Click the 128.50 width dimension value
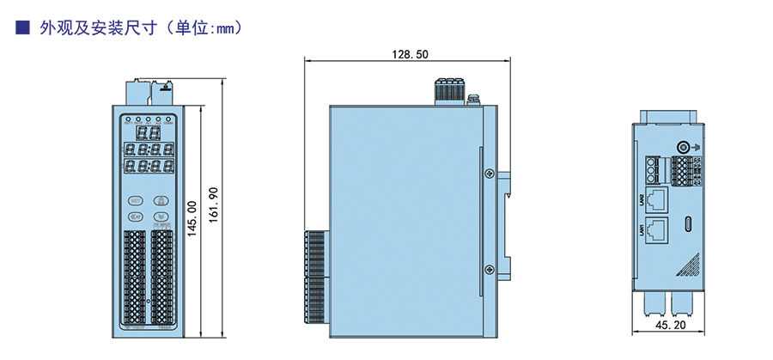(410, 53)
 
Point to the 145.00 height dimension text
(193, 222)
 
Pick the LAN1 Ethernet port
(659, 229)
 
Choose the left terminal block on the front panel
(136, 275)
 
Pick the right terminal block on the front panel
(162, 275)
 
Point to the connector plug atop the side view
(448, 89)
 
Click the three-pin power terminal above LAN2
(656, 168)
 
